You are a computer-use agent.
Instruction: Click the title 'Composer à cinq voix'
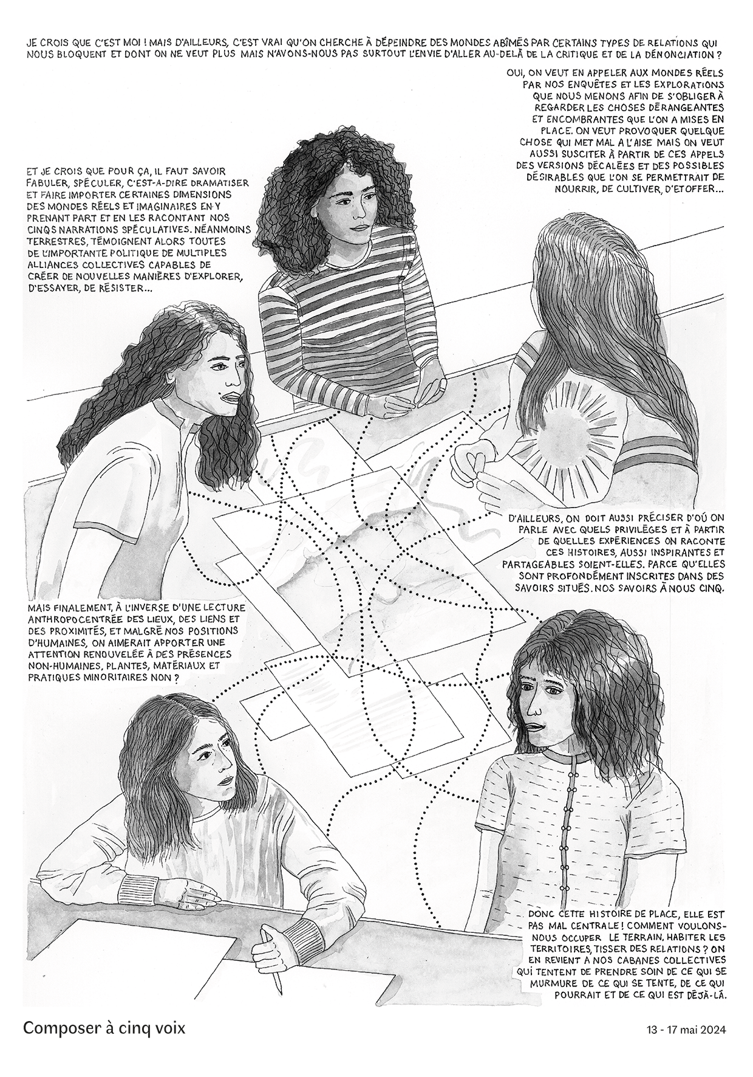point(104,1028)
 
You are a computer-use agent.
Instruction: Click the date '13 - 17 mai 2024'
point(686,1030)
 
